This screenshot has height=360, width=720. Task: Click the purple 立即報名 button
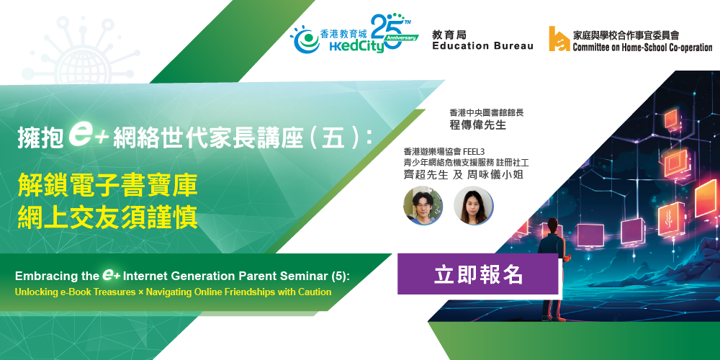pos(478,274)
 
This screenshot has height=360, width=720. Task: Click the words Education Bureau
pos(482,46)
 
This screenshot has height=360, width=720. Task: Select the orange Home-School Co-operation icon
pos(559,39)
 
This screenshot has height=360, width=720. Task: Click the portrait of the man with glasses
pos(423,205)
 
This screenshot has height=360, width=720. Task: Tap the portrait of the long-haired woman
pos(474,205)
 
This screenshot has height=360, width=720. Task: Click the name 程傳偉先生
pos(478,125)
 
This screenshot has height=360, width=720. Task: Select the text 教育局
pos(446,34)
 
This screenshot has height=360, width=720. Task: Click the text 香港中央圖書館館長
pos(487,112)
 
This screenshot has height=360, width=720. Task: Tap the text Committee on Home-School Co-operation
pos(642,47)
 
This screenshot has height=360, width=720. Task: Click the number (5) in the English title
pos(341,276)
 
